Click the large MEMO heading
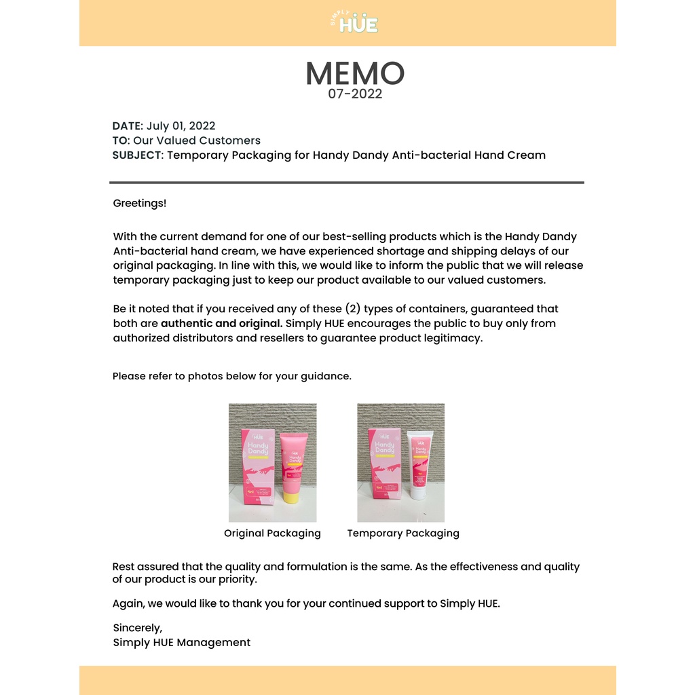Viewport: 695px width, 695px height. [x=354, y=73]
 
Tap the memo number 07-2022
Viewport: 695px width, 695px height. [x=355, y=94]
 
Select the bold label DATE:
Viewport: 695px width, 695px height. [x=128, y=126]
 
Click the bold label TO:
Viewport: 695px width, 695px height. [x=121, y=140]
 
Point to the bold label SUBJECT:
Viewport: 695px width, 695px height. [x=138, y=155]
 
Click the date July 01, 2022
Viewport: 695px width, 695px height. [x=181, y=126]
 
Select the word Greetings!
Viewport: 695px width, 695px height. [x=139, y=203]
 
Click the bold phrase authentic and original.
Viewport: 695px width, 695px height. [x=221, y=324]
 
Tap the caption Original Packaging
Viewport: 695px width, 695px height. [x=272, y=533]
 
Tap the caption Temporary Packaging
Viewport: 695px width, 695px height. [x=403, y=533]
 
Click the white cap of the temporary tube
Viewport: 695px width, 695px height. [x=418, y=490]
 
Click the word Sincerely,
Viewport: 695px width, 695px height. [x=138, y=628]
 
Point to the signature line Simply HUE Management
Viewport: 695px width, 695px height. [x=181, y=643]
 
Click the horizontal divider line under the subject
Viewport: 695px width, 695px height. [x=346, y=183]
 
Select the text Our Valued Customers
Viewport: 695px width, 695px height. [x=197, y=140]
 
